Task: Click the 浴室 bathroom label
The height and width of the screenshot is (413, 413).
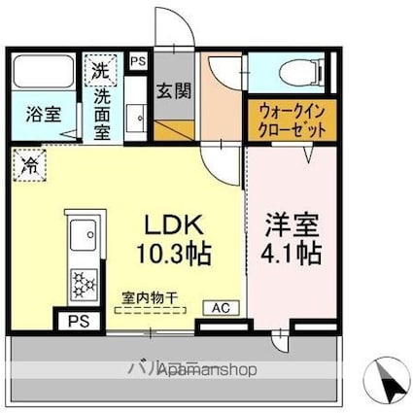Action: point(44,114)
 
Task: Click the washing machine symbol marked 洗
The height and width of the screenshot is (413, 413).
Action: point(100,70)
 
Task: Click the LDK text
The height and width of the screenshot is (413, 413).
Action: point(174,224)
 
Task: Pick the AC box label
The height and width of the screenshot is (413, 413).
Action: point(221,307)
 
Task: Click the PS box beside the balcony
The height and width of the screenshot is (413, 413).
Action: point(76,321)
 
